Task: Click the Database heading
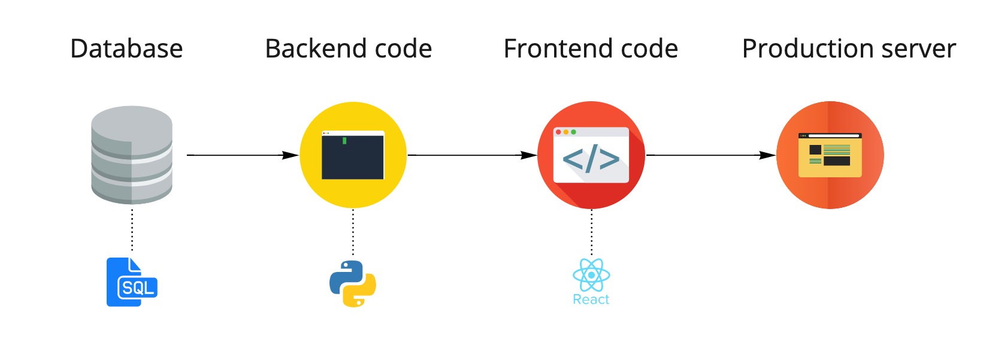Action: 126,49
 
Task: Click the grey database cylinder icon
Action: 132,155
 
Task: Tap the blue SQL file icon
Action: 131,282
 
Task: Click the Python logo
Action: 353,284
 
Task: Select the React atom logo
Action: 591,275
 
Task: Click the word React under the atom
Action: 591,300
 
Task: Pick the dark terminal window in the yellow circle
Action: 353,156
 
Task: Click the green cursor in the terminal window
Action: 344,141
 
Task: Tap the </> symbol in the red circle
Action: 591,159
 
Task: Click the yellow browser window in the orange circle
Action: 830,155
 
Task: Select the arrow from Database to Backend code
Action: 243,155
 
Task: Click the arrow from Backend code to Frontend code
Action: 472,155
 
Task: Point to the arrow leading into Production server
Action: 710,155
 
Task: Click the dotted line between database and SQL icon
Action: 132,231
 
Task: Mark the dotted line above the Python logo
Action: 353,232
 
